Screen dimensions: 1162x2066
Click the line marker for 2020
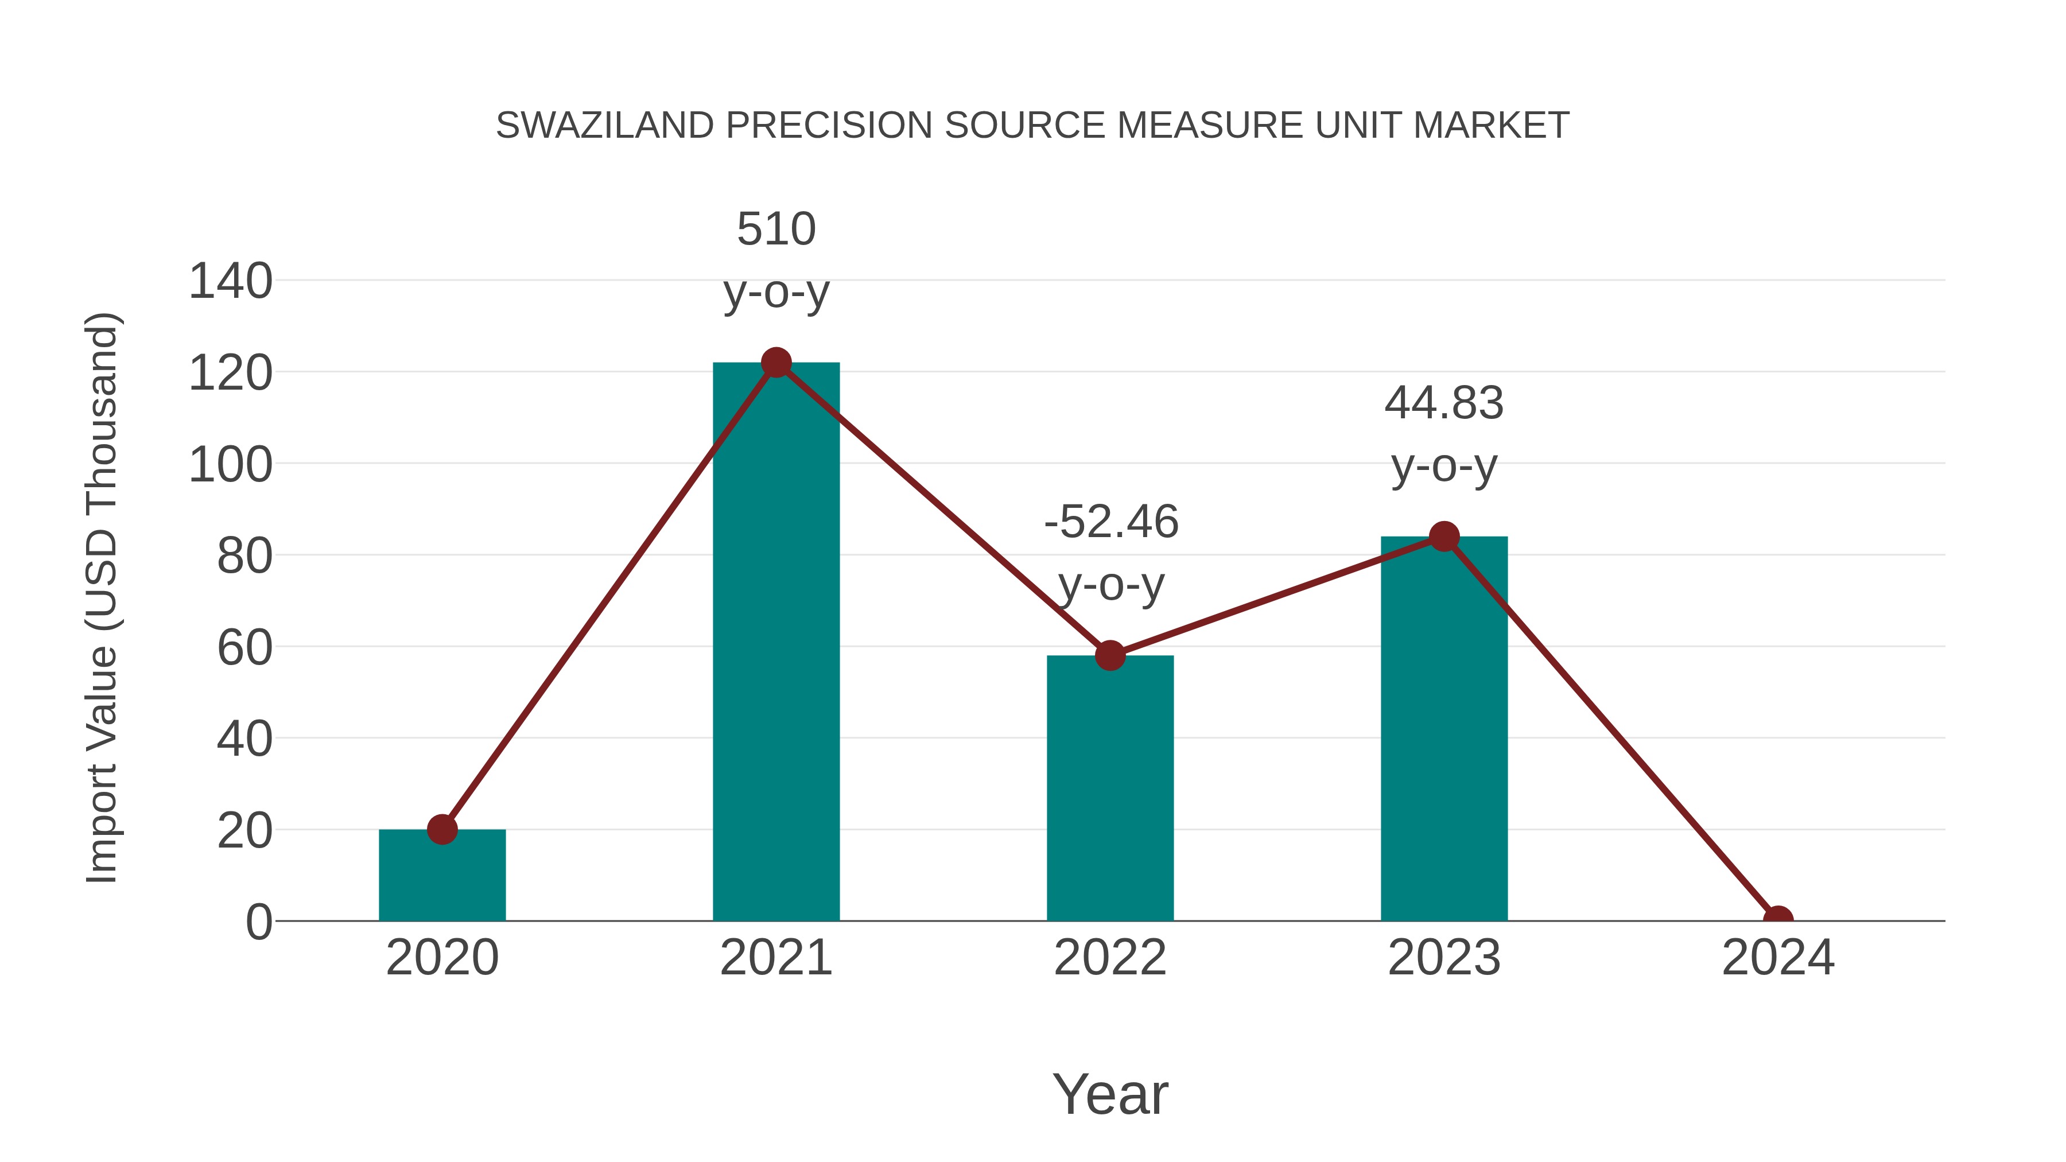point(442,829)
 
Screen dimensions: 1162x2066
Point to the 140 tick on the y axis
point(230,282)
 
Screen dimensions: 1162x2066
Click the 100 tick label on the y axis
point(230,465)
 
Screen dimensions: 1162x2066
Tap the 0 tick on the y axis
point(258,922)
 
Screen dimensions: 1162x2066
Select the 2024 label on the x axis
point(1777,958)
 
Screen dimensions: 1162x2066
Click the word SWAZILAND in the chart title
point(605,126)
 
